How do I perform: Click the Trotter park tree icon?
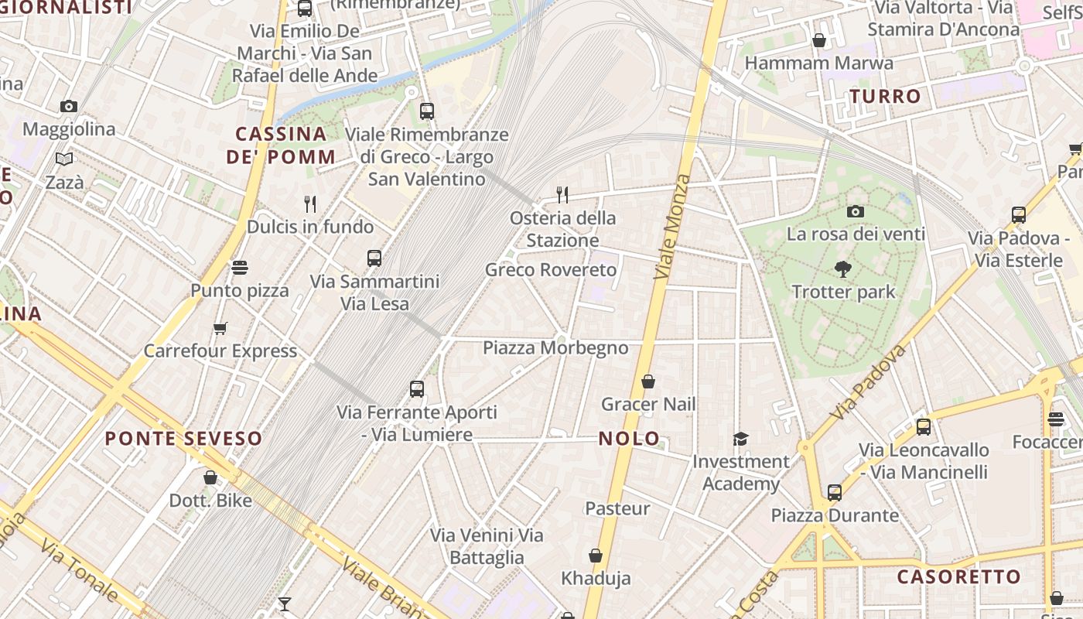point(843,269)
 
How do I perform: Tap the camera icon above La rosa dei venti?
point(855,211)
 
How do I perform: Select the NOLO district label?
point(629,439)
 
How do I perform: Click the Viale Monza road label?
point(671,227)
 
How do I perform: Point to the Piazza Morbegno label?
point(555,348)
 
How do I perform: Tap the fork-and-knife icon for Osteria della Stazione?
point(562,195)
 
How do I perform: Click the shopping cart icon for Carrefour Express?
point(220,329)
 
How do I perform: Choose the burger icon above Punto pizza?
point(240,268)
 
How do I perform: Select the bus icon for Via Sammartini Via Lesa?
point(374,258)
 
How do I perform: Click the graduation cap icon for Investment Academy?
point(740,439)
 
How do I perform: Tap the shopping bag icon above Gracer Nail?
point(648,381)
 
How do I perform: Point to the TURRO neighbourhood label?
point(886,97)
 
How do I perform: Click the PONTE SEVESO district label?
point(183,439)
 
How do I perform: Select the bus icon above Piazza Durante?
point(834,493)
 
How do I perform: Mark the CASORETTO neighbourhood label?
point(959,576)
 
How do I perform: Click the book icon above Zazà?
point(64,159)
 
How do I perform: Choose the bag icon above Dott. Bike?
point(210,478)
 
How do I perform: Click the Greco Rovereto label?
point(551,270)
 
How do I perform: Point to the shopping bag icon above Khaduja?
point(596,556)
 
